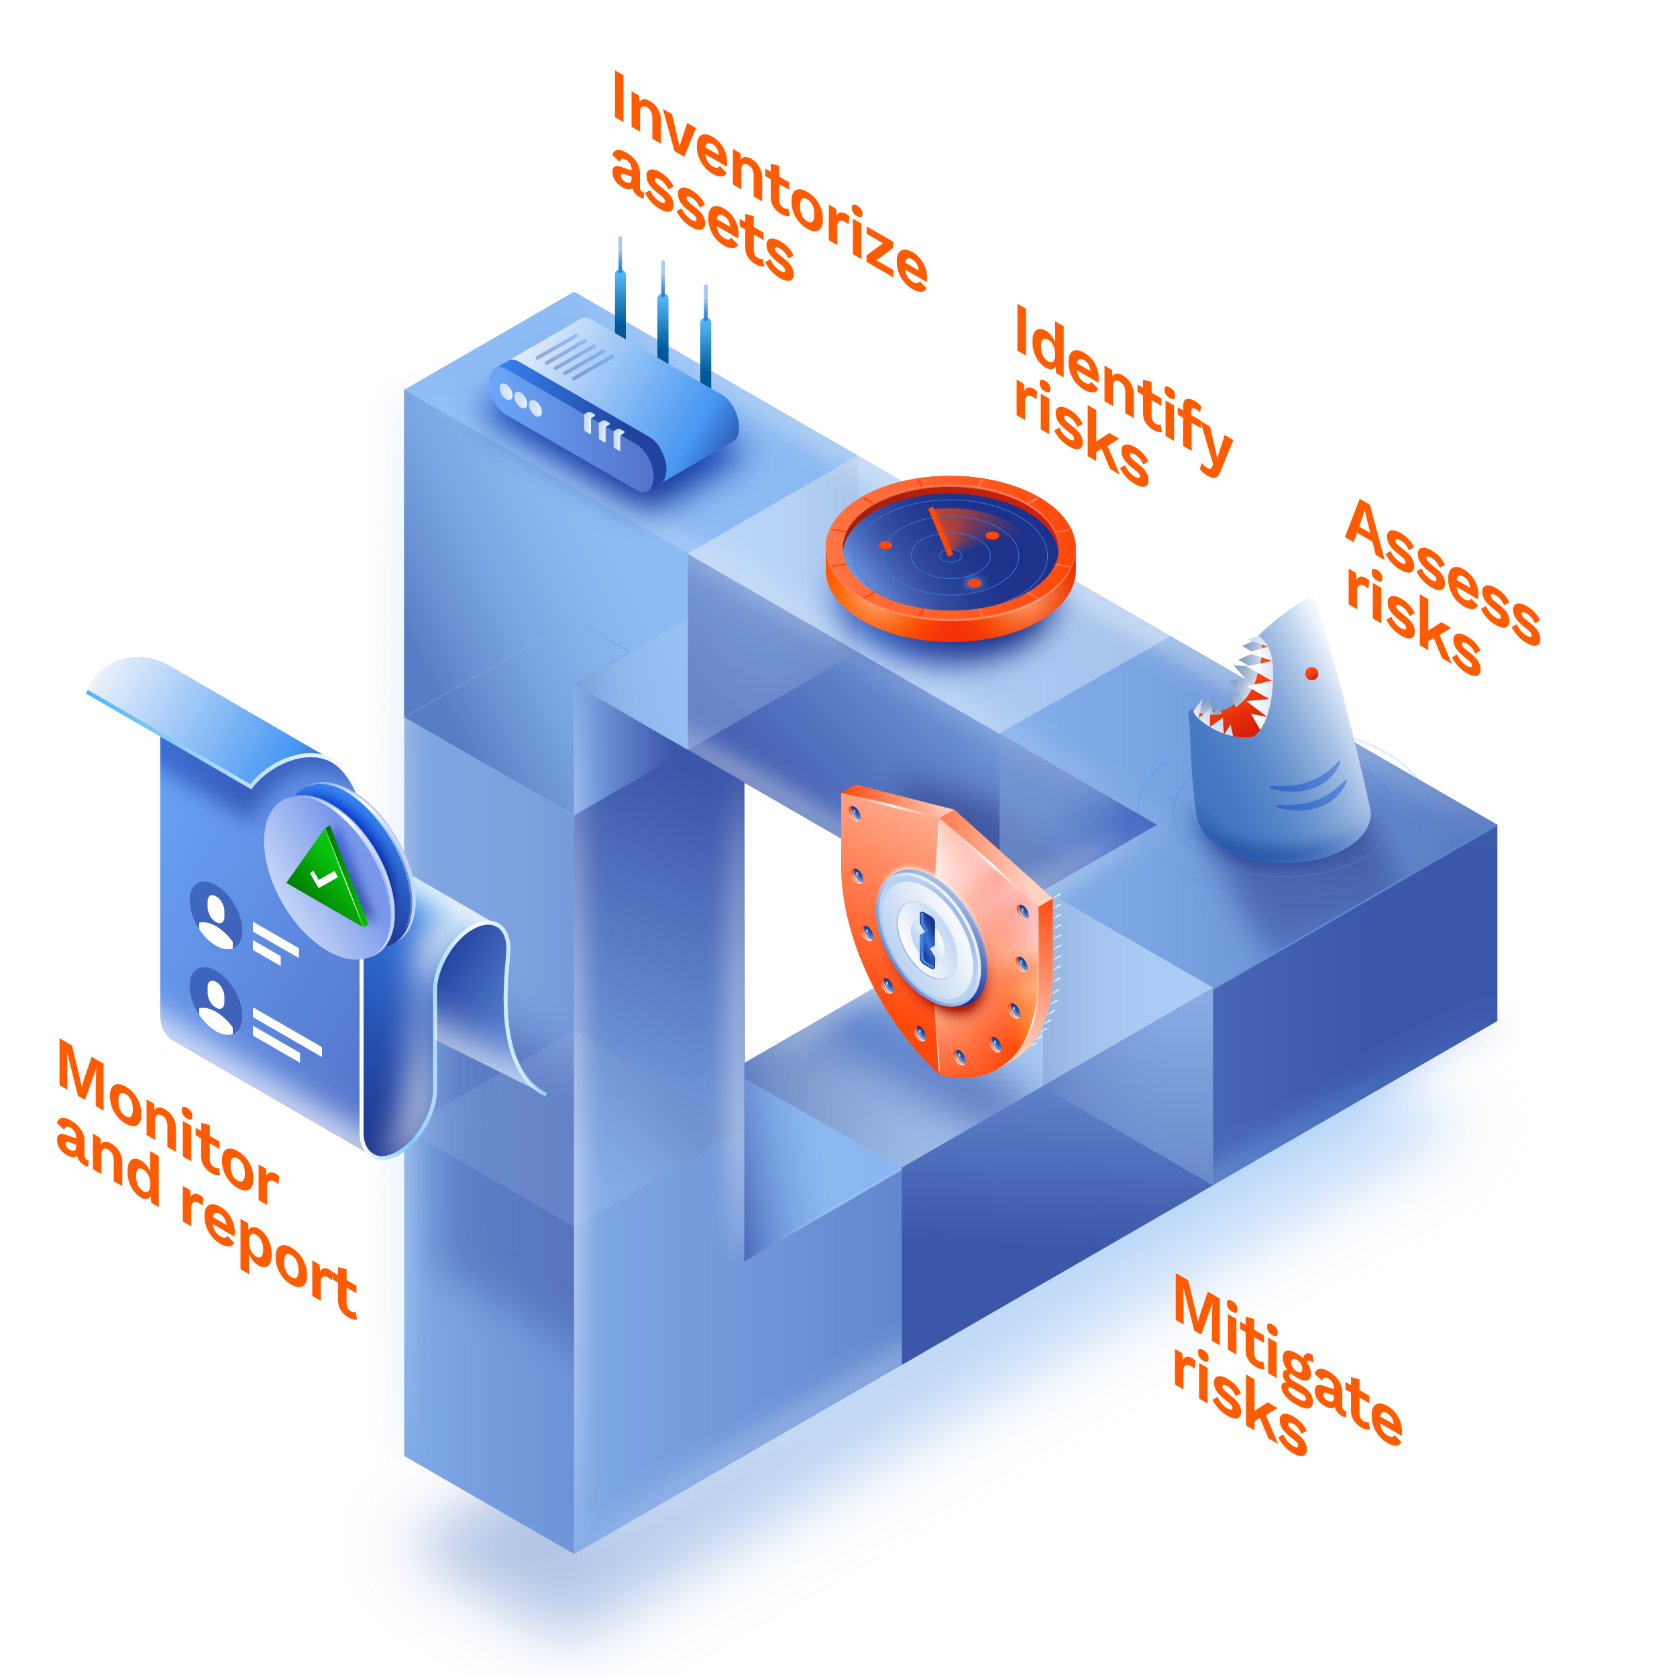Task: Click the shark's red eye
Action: click(1311, 673)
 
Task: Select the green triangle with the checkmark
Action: click(328, 877)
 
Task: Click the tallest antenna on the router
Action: click(620, 286)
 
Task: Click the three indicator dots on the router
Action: click(521, 401)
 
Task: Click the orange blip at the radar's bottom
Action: click(974, 584)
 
